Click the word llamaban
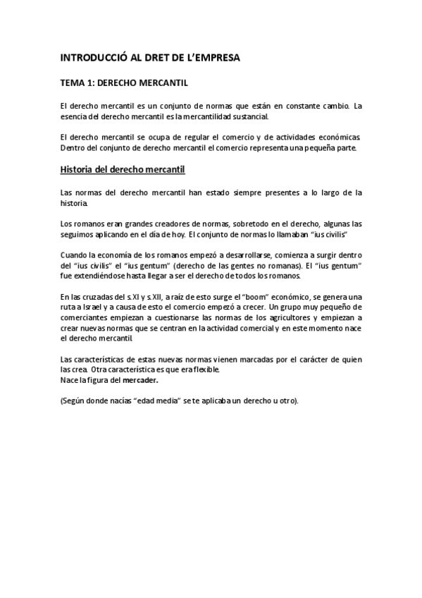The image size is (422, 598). [x=302, y=233]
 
